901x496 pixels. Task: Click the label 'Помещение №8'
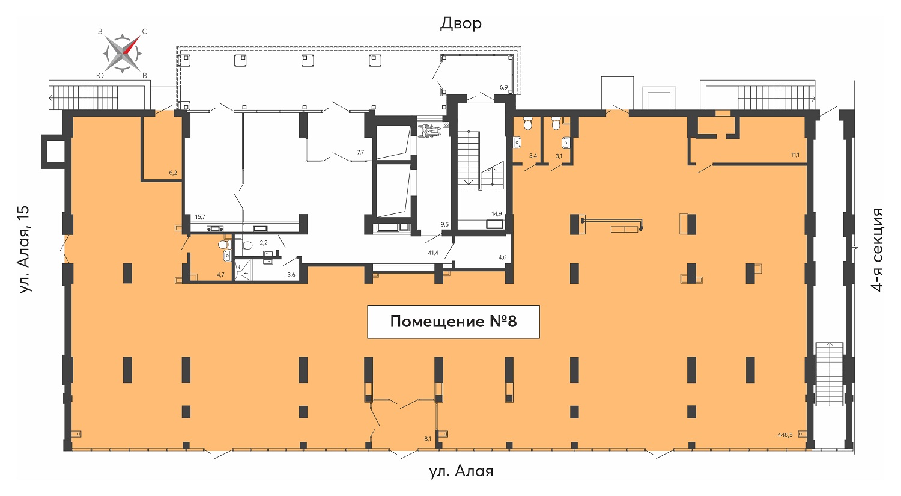click(454, 322)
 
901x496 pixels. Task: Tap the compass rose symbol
click(123, 54)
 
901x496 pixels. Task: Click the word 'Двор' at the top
click(461, 23)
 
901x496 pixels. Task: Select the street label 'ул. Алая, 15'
click(25, 250)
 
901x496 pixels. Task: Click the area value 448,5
click(784, 435)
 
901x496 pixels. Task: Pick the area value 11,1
click(795, 155)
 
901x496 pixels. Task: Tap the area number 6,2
click(173, 173)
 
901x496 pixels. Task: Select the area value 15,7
click(200, 216)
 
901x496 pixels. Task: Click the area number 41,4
click(433, 253)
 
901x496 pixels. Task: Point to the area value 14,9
click(496, 214)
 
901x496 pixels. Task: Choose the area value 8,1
click(428, 439)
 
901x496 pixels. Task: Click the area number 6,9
click(503, 87)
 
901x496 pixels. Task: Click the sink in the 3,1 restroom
click(566, 142)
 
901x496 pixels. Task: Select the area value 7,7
click(360, 152)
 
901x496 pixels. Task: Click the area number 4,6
click(502, 257)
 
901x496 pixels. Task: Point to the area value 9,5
click(444, 225)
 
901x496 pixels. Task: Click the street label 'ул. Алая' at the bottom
click(461, 471)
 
